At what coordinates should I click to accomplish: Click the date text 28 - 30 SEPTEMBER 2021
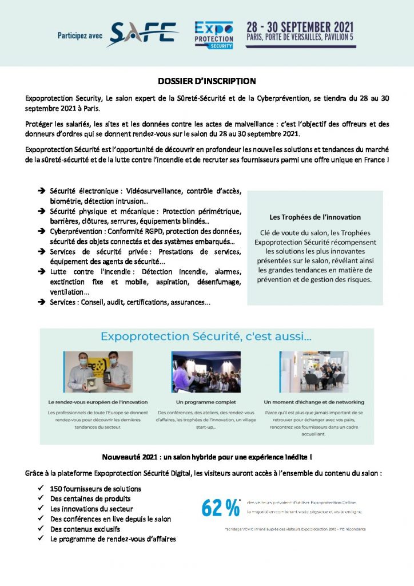[x=300, y=27]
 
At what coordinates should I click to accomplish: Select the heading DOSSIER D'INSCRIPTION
[x=206, y=81]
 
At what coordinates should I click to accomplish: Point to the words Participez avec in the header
[x=80, y=35]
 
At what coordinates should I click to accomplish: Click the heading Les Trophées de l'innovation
[x=315, y=217]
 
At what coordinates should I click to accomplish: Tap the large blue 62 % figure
[x=220, y=507]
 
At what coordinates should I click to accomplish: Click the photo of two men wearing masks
[x=98, y=371]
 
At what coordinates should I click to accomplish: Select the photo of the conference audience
[x=206, y=371]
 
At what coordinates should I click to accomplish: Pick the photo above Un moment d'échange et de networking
[x=314, y=371]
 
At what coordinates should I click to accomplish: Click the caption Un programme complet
[x=206, y=402]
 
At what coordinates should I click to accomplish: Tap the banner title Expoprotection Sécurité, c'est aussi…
[x=206, y=339]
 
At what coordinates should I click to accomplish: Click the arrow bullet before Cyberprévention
[x=42, y=231]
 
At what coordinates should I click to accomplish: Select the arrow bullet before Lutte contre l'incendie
[x=42, y=272]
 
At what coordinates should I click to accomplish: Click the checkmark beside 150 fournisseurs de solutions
[x=42, y=489]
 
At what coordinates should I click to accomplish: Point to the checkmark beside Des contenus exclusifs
[x=42, y=529]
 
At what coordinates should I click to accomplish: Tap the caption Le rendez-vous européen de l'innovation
[x=98, y=402]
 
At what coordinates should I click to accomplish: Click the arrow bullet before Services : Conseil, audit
[x=42, y=302]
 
